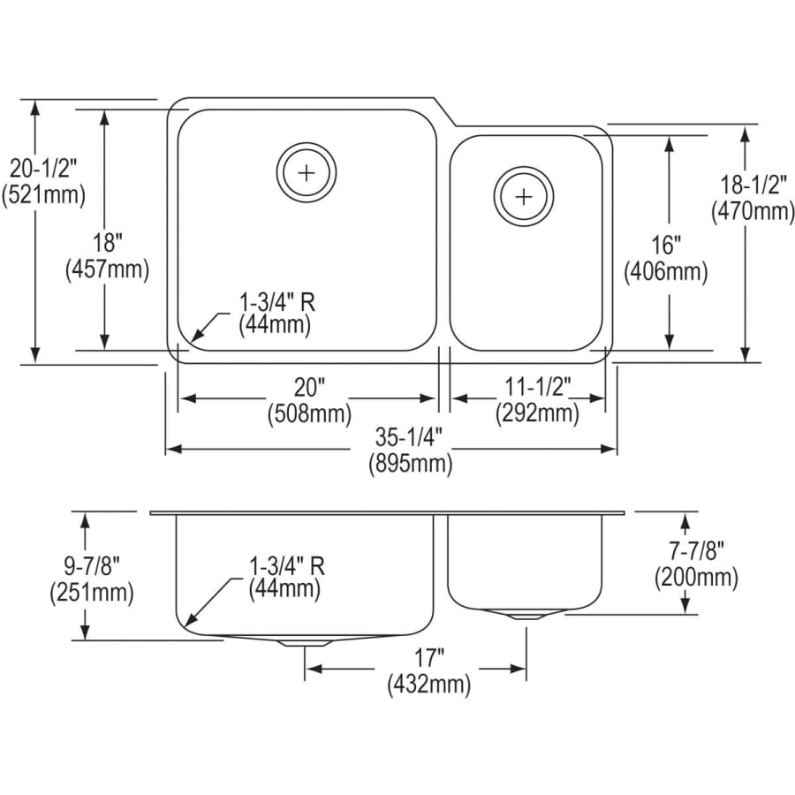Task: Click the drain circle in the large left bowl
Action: (x=307, y=171)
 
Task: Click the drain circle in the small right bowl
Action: (x=524, y=194)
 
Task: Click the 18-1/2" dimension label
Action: (x=752, y=185)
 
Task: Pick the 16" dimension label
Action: (x=667, y=245)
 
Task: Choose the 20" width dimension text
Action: (x=309, y=387)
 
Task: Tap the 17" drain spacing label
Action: (x=428, y=656)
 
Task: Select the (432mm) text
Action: (x=428, y=683)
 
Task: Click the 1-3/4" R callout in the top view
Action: (x=276, y=301)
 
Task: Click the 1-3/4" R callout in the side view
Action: (x=285, y=563)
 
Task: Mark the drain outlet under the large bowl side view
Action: (x=306, y=641)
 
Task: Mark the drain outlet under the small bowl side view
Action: (x=526, y=616)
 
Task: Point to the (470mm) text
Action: (x=752, y=212)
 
